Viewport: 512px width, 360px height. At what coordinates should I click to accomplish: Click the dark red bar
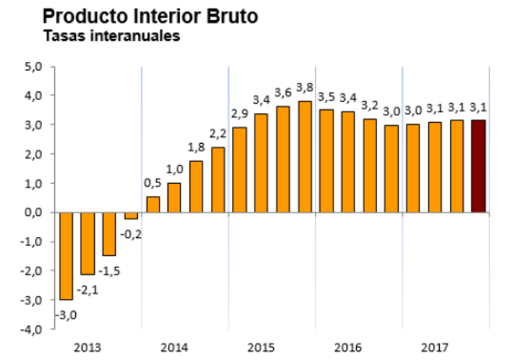[478, 166]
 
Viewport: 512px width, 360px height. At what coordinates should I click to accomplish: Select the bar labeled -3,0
[66, 255]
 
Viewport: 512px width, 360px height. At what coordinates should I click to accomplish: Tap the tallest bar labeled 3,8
[305, 157]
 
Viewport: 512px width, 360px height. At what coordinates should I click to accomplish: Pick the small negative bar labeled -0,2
[131, 215]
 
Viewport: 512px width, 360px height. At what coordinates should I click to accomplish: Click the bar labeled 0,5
[153, 204]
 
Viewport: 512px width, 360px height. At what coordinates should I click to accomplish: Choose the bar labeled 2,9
[239, 169]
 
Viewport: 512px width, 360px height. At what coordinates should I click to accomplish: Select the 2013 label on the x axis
[87, 348]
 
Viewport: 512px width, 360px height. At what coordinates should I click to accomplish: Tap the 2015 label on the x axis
[261, 348]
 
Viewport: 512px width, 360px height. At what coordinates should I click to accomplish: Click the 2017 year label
[434, 348]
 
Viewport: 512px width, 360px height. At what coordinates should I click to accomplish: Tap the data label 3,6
[283, 93]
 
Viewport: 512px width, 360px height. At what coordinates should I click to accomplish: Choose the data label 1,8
[196, 147]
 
